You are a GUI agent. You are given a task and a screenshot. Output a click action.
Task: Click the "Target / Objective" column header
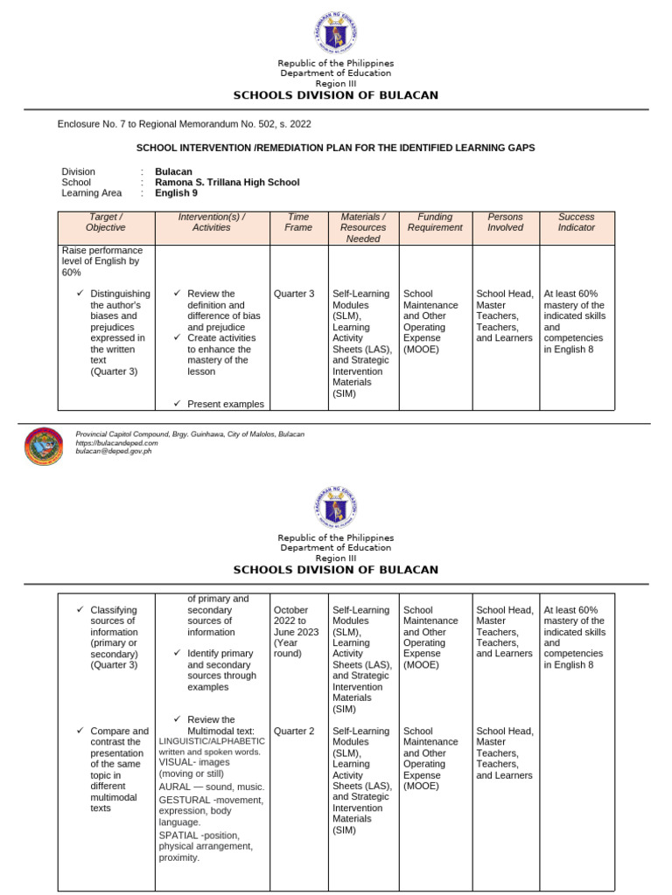click(x=106, y=222)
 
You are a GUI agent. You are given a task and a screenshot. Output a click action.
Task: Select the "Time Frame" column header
click(x=297, y=222)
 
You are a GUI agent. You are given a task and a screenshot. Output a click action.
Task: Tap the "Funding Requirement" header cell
click(x=435, y=222)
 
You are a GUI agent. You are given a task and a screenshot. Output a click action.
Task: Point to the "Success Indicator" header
click(x=576, y=222)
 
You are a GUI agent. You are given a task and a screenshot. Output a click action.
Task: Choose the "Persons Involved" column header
click(x=505, y=222)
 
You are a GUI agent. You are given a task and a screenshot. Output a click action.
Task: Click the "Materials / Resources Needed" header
click(x=363, y=227)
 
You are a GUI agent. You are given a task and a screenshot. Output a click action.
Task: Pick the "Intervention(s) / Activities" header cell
click(x=211, y=222)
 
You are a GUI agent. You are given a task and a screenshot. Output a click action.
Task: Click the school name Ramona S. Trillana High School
click(x=227, y=183)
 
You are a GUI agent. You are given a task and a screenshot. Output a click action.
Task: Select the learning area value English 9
click(x=176, y=193)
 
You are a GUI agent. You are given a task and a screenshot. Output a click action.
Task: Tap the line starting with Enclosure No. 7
click(x=184, y=124)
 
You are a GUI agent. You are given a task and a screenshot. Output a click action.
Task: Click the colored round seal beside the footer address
click(x=44, y=447)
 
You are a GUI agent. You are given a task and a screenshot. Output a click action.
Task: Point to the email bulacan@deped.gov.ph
click(x=114, y=452)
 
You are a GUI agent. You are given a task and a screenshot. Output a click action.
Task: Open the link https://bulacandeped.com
click(x=110, y=443)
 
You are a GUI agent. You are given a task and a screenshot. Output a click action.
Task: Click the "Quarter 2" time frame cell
click(x=294, y=732)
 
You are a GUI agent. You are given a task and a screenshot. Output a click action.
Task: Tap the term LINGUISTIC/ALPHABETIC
click(x=212, y=741)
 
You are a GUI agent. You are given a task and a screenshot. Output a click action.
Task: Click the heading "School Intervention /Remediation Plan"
click(x=335, y=148)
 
